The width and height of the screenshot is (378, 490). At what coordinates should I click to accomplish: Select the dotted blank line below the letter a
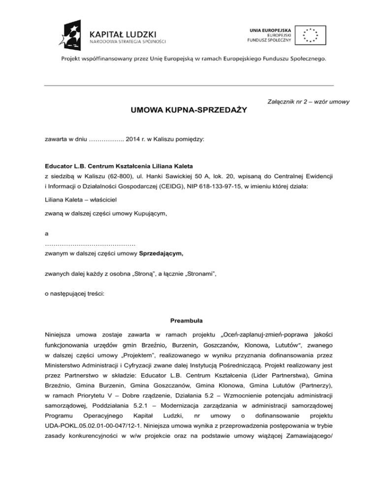[90, 245]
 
